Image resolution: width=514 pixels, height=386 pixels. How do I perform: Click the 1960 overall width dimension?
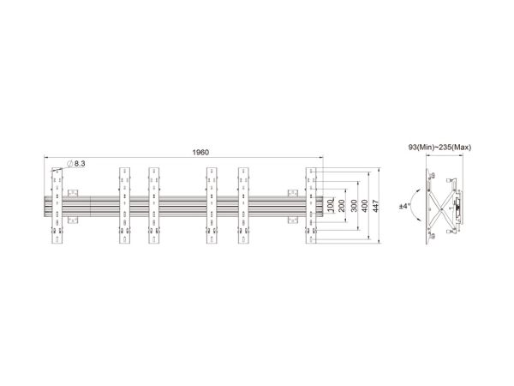(200, 153)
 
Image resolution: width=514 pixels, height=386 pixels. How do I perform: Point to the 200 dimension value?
(342, 206)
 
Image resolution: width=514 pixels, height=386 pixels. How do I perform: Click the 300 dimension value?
(354, 206)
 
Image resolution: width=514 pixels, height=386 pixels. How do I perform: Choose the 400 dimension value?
(365, 206)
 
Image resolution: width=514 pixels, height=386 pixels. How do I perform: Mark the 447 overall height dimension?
(376, 206)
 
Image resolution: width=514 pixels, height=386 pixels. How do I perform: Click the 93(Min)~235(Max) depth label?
(439, 148)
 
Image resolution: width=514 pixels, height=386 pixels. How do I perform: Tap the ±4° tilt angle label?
(404, 207)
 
